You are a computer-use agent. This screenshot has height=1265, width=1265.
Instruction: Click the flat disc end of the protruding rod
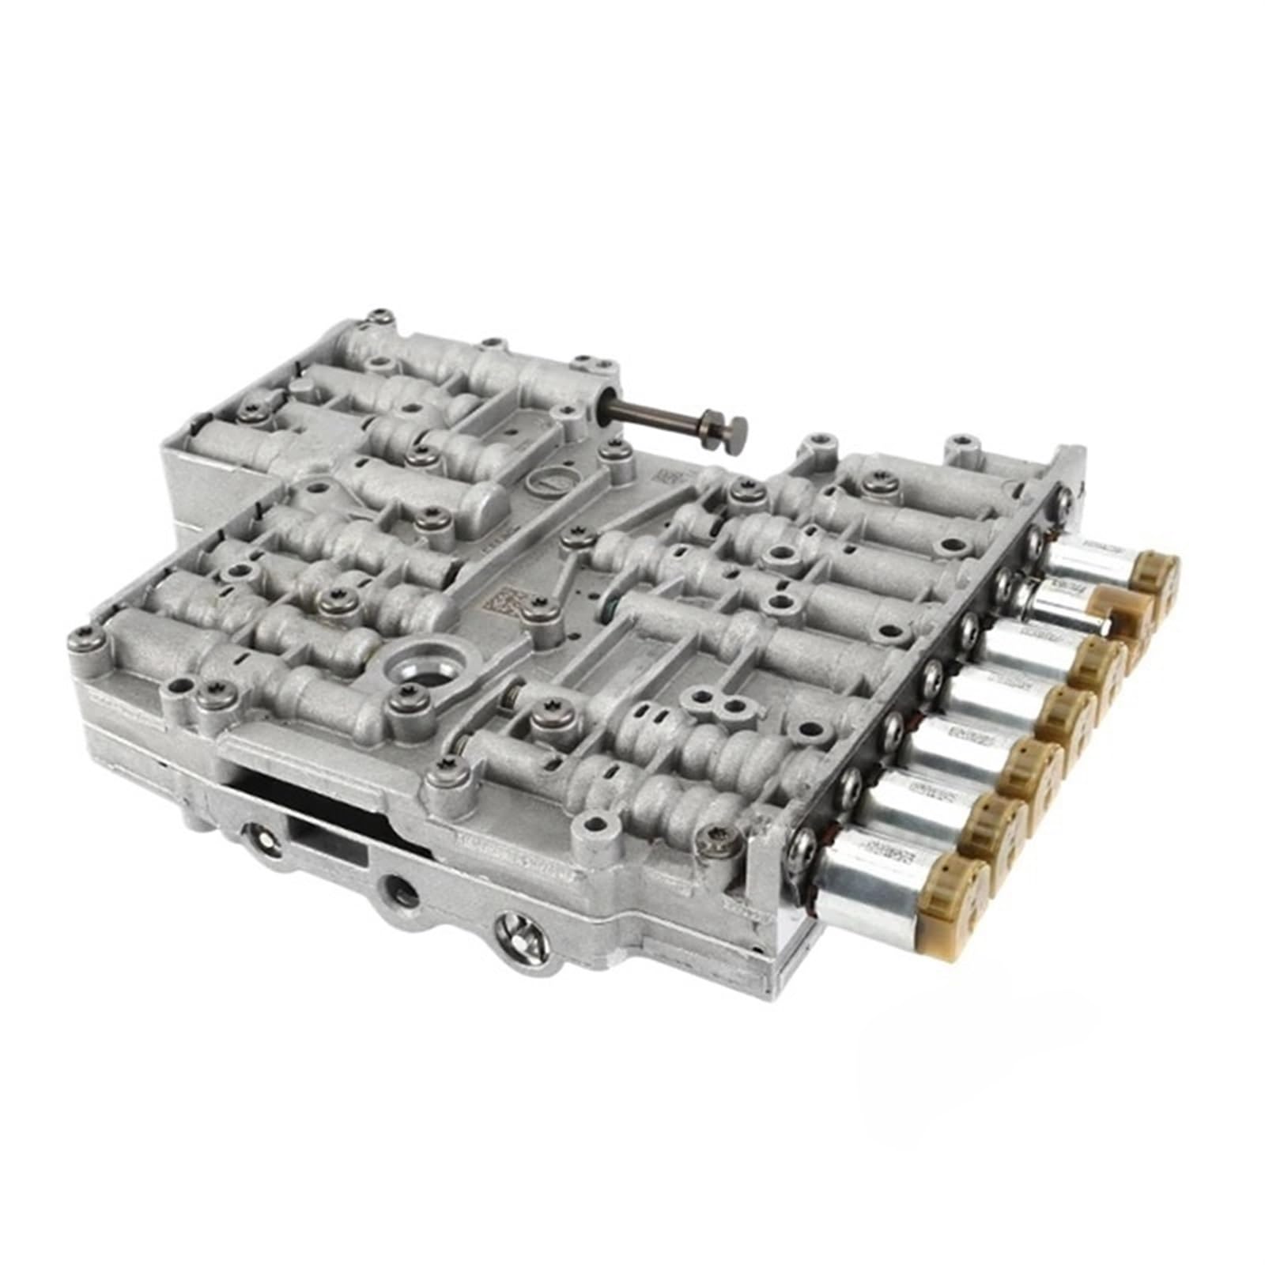pos(734,432)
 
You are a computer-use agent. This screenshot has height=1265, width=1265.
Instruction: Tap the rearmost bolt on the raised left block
pos(382,318)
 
